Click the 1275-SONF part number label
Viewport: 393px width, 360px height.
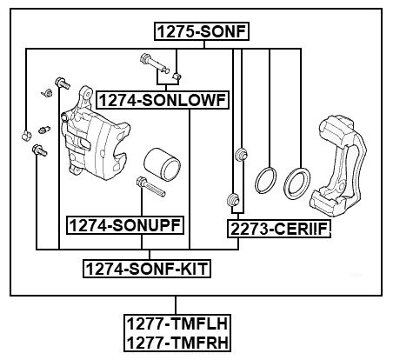pos(202,33)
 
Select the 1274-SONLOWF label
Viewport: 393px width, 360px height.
pos(163,101)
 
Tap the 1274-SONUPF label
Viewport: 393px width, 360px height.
pos(125,225)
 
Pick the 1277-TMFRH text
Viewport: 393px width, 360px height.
pos(177,344)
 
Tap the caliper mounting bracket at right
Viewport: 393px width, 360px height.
pos(342,165)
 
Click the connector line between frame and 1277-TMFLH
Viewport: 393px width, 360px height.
pos(177,307)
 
